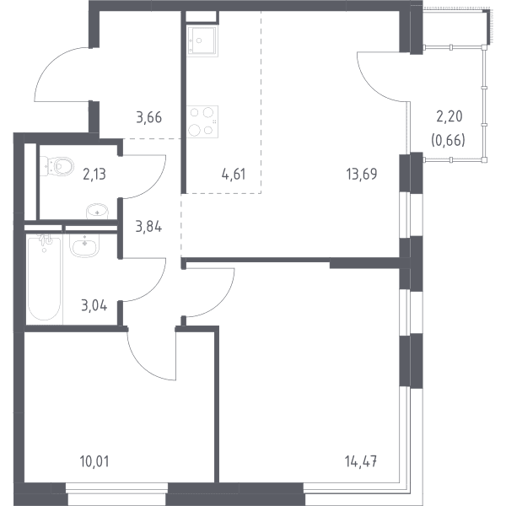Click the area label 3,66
coord(148,117)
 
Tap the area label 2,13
coord(94,175)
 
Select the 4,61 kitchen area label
coord(234,175)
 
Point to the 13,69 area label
coord(362,174)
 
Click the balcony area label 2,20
coord(449,116)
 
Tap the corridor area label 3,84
coord(148,227)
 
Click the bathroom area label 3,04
coord(94,305)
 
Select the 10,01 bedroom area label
coord(94,461)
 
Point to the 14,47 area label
coord(361,461)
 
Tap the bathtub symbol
coord(44,278)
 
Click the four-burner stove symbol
coord(202,122)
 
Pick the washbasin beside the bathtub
coord(83,245)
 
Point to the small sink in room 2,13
coord(97,212)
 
